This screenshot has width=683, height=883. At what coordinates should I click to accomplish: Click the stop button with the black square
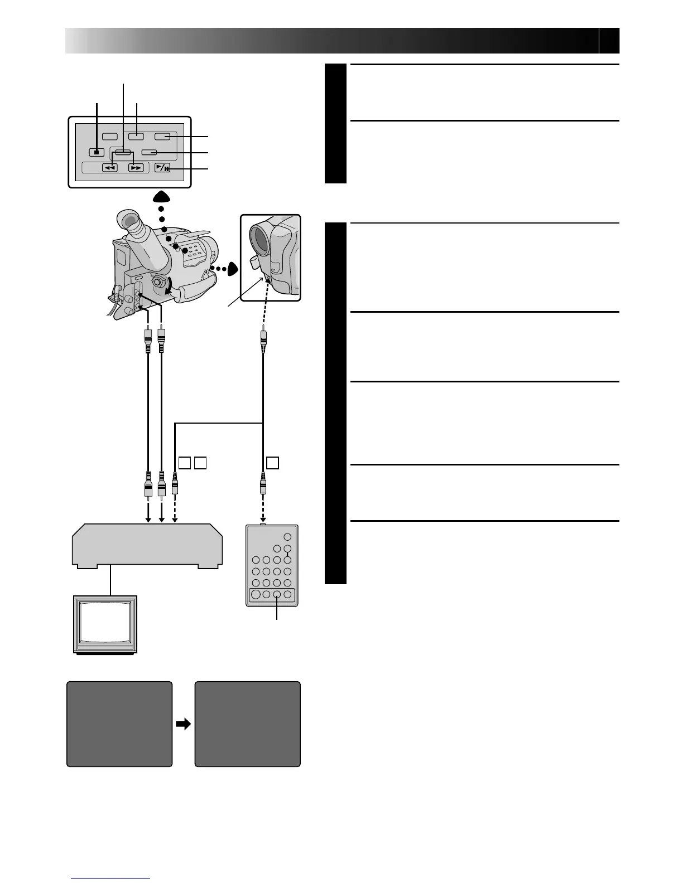tap(97, 152)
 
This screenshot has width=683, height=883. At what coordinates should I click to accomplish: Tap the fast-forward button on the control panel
tap(136, 167)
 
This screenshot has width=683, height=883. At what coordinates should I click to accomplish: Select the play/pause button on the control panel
tap(163, 167)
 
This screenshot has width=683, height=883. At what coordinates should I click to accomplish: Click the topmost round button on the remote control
tap(287, 537)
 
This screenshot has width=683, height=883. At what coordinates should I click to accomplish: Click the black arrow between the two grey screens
tap(183, 724)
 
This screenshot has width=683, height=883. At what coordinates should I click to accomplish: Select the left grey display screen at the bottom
tap(119, 724)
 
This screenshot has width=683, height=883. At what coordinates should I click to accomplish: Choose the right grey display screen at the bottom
tap(247, 724)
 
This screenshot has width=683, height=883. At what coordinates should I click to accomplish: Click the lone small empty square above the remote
tap(272, 462)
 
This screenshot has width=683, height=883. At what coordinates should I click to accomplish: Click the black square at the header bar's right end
tap(609, 40)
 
